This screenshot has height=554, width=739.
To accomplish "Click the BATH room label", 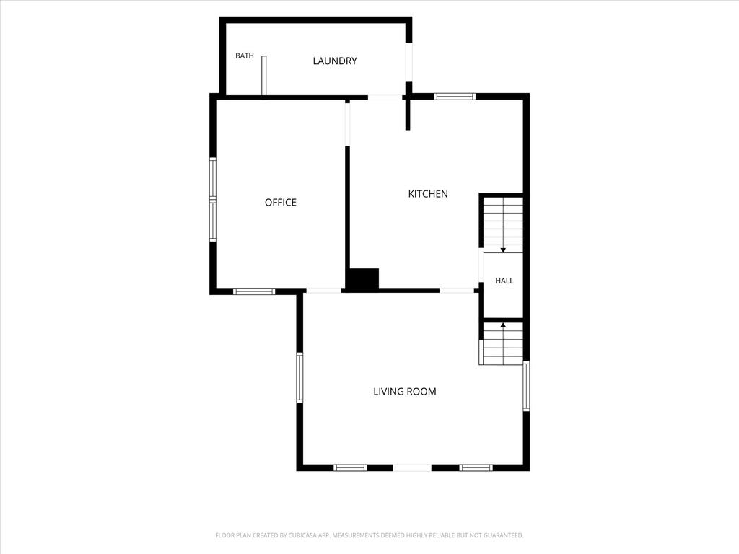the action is [244, 56].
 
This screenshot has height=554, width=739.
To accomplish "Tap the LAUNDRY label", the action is [335, 61].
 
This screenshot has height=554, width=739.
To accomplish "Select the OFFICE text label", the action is [281, 202].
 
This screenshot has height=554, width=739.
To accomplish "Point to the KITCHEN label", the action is [428, 193].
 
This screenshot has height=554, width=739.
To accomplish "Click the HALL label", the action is [504, 281].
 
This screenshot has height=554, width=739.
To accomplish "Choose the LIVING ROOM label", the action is [405, 391].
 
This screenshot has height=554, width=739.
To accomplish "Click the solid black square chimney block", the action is [363, 278].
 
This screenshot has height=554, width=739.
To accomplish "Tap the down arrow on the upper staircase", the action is [503, 250].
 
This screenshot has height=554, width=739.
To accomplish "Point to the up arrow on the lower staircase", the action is [503, 325].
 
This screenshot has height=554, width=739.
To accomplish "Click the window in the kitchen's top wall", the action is [455, 97].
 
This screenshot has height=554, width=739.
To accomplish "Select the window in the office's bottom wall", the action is [254, 291].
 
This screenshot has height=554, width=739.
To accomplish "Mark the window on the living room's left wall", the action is [299, 378].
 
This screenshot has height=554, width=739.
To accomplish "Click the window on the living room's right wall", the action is [526, 387].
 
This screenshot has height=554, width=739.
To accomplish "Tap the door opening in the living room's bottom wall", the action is [412, 467].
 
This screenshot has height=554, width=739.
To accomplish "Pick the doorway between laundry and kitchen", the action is [385, 97].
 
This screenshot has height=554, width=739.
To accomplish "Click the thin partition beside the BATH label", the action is [264, 75].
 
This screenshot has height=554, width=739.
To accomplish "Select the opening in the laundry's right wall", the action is [409, 62].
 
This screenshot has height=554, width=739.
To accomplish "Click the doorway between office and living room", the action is [323, 291].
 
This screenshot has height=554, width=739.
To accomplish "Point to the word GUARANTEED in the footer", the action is [505, 535].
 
